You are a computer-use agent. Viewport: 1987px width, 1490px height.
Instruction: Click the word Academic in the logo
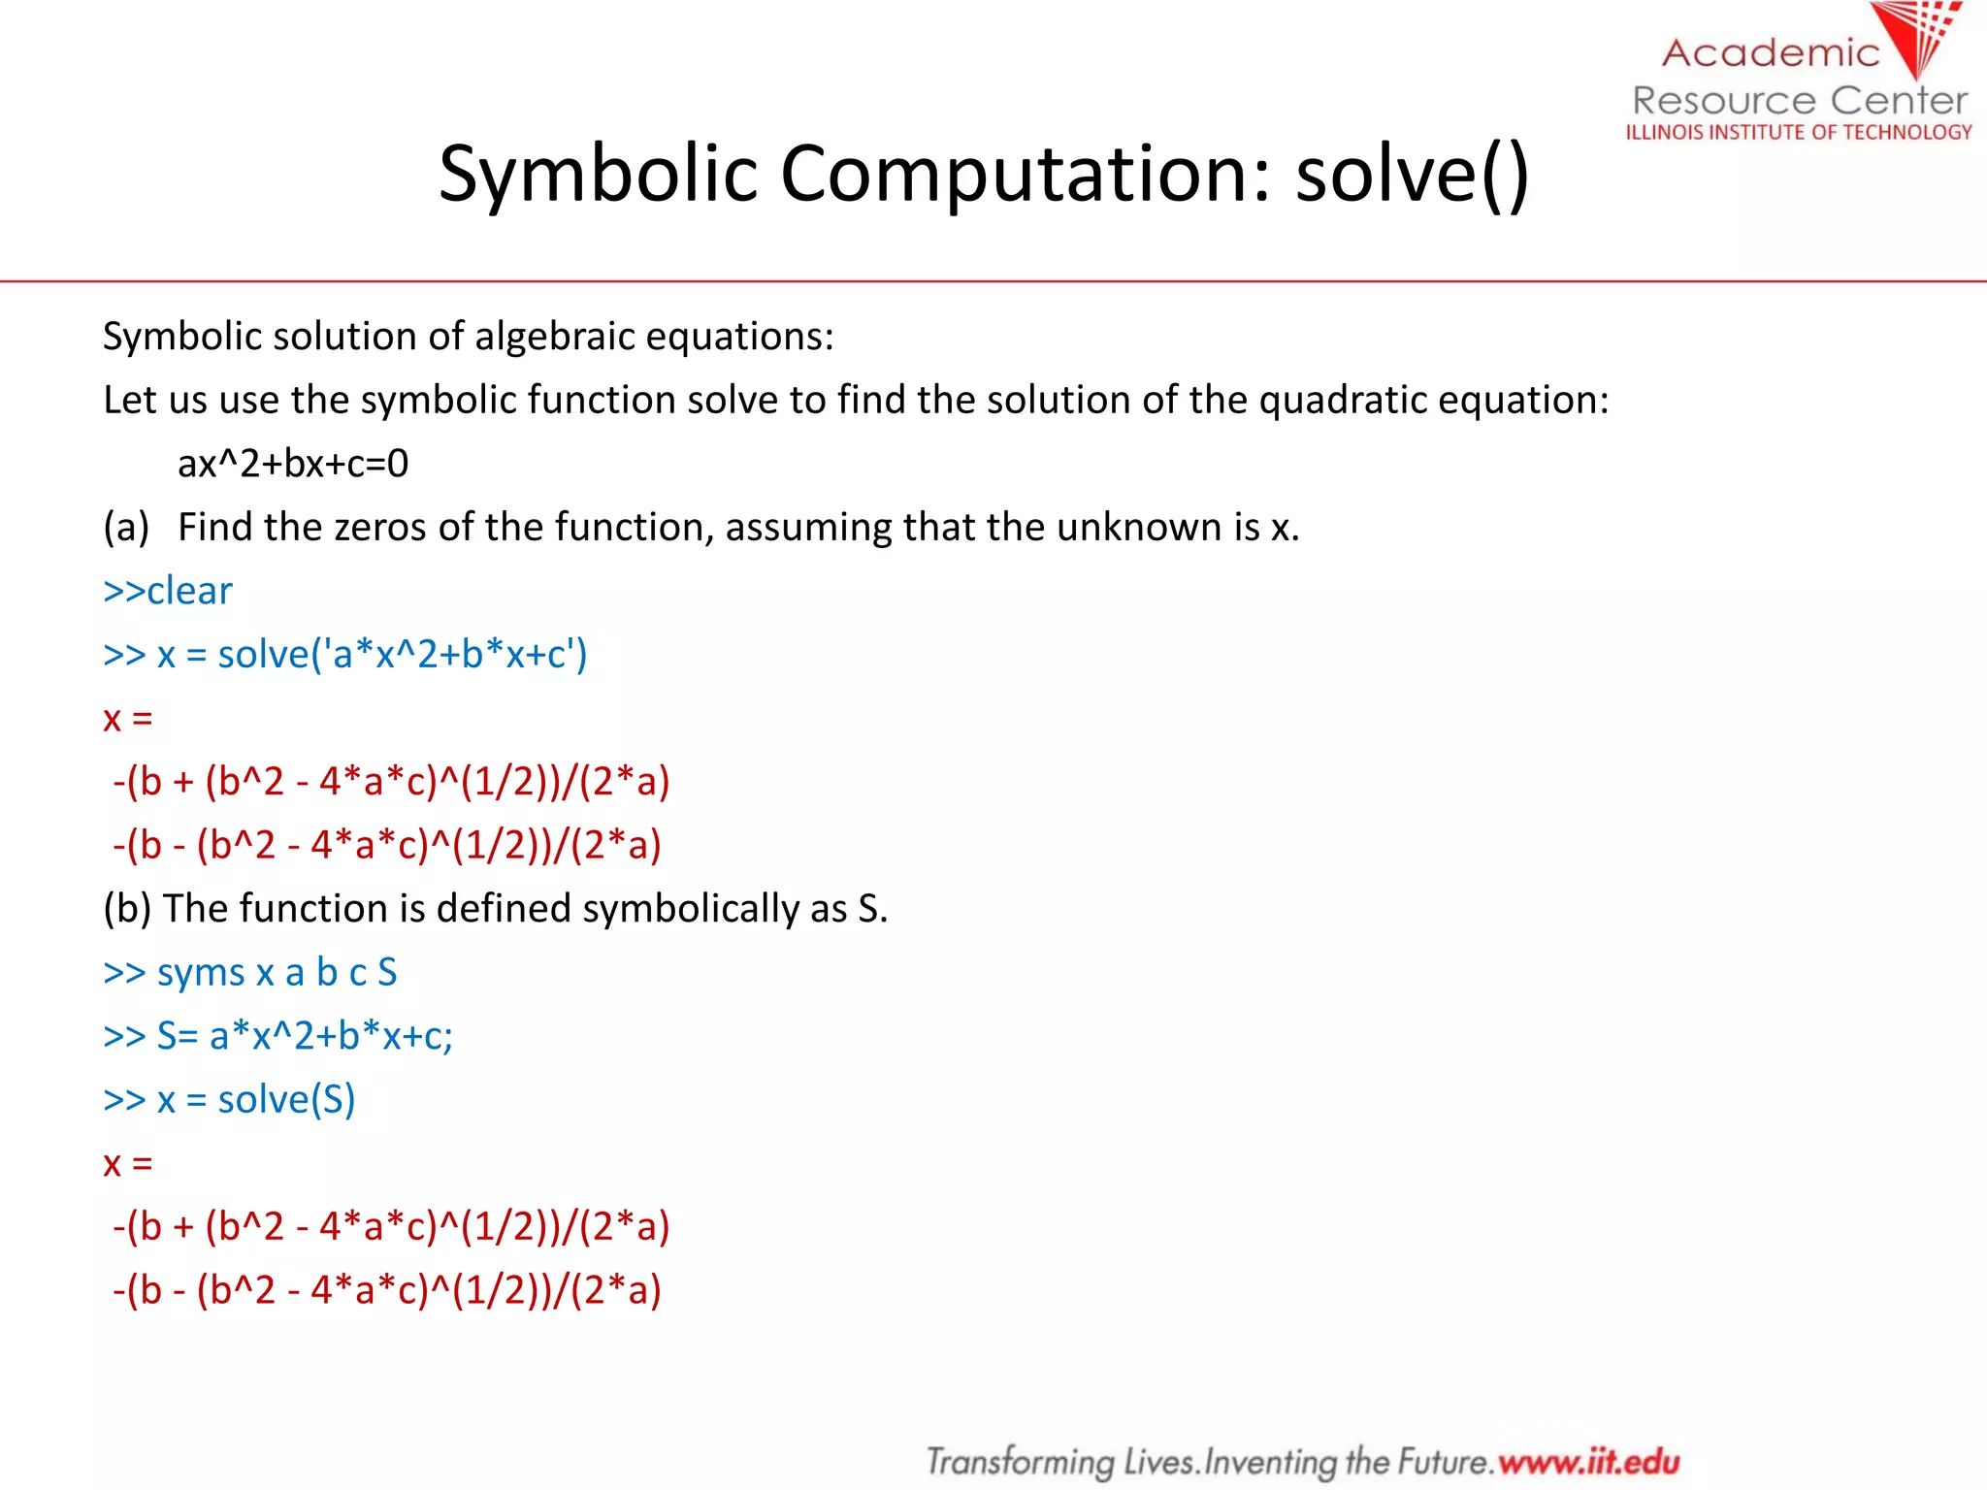point(1770,52)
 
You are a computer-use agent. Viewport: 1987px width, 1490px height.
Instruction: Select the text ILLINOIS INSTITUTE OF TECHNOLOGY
point(1799,132)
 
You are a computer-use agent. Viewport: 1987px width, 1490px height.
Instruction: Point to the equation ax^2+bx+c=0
point(293,464)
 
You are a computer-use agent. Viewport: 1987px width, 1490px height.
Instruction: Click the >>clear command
point(168,591)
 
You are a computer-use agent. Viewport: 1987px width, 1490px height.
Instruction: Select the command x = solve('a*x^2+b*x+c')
point(345,655)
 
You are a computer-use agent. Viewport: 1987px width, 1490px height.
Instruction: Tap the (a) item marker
point(126,528)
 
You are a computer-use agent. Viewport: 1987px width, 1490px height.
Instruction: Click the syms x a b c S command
point(250,972)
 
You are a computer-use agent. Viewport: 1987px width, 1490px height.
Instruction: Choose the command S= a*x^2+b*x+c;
point(278,1036)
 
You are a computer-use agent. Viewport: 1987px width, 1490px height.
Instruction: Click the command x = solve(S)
point(230,1100)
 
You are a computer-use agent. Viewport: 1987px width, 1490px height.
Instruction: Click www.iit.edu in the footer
point(1588,1461)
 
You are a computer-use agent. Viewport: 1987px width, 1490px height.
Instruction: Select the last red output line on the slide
point(386,1291)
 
